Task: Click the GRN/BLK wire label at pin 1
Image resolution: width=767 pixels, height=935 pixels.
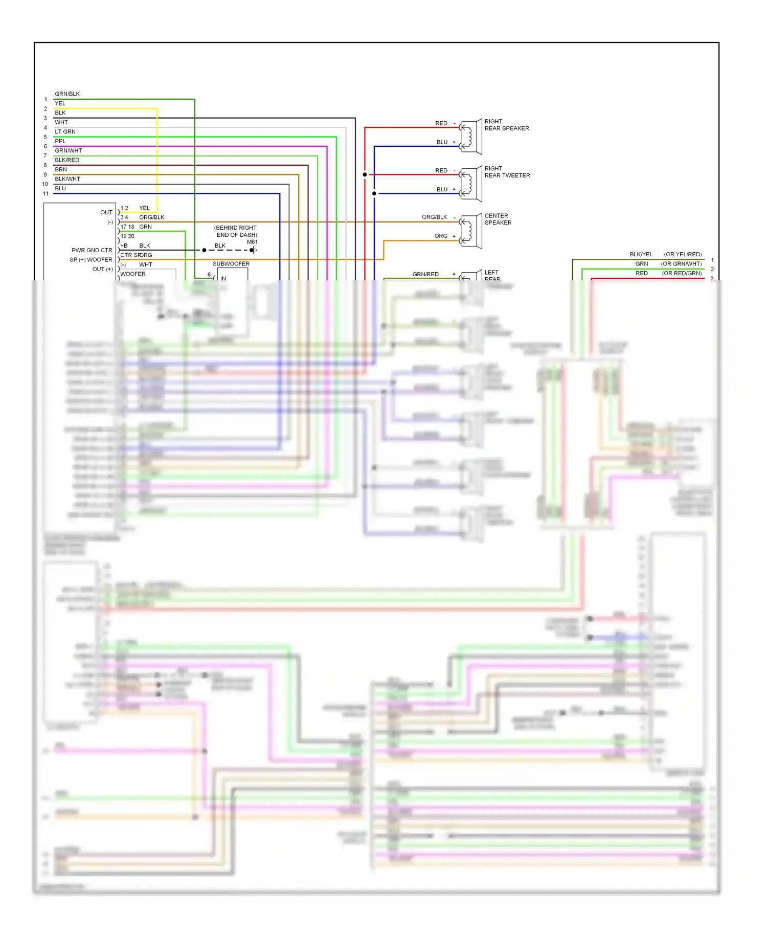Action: pyautogui.click(x=67, y=94)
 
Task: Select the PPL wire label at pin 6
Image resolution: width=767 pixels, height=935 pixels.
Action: pyautogui.click(x=60, y=141)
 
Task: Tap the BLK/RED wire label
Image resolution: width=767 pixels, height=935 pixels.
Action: pyautogui.click(x=67, y=160)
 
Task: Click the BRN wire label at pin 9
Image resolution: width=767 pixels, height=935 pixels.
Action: pyautogui.click(x=61, y=169)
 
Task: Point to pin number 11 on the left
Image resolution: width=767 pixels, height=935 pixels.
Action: pyautogui.click(x=46, y=194)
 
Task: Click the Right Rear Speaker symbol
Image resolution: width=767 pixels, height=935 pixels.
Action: pyautogui.click(x=471, y=137)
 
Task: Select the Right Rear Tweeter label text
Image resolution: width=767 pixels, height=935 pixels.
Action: pyautogui.click(x=507, y=172)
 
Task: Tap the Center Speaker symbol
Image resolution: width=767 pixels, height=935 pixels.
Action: pyautogui.click(x=471, y=231)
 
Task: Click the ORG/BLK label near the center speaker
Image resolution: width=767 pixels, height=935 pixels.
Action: pyautogui.click(x=434, y=217)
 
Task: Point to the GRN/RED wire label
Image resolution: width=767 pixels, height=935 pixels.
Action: pyautogui.click(x=425, y=274)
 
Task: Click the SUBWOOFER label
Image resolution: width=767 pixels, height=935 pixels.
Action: pyautogui.click(x=231, y=264)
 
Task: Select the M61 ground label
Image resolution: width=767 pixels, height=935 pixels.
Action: pyautogui.click(x=252, y=242)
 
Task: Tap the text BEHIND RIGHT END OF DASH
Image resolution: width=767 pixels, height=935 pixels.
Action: pyautogui.click(x=236, y=231)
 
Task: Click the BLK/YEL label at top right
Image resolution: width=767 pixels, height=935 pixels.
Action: pyautogui.click(x=641, y=254)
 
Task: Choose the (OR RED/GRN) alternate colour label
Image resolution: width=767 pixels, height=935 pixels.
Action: pyautogui.click(x=682, y=273)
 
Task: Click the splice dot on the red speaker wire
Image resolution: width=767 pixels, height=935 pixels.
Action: pyautogui.click(x=365, y=175)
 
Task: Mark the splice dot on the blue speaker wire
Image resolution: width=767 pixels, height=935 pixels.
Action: pyautogui.click(x=374, y=193)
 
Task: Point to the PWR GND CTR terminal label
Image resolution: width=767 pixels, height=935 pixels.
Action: pyautogui.click(x=92, y=250)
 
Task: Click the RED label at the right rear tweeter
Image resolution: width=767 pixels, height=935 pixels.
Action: pyautogui.click(x=441, y=170)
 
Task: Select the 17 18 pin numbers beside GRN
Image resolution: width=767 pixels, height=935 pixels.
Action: pyautogui.click(x=127, y=227)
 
